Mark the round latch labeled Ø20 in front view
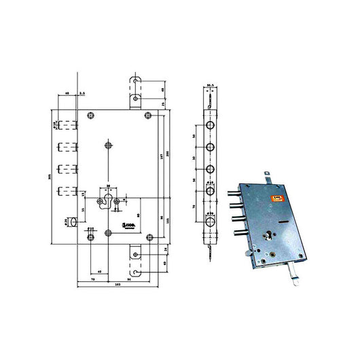pyautogui.click(x=71, y=221)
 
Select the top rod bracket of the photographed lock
pyautogui.click(x=270, y=176)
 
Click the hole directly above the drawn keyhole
pyautogui.click(x=109, y=144)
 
